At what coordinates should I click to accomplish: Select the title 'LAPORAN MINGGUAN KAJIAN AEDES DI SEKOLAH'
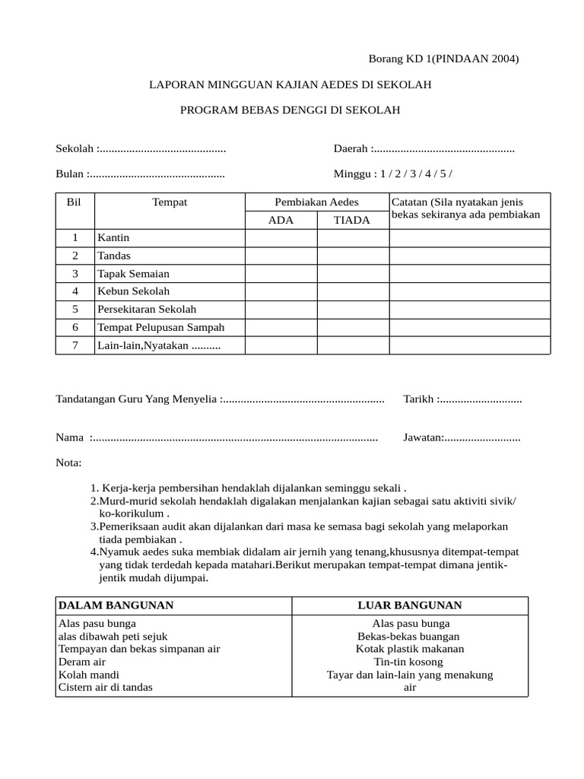pyautogui.click(x=289, y=85)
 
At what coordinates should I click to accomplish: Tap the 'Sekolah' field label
pyautogui.click(x=74, y=148)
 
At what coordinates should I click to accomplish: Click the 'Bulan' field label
pyautogui.click(x=71, y=173)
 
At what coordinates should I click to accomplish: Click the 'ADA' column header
pyautogui.click(x=281, y=220)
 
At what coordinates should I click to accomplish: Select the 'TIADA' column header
pyautogui.click(x=352, y=220)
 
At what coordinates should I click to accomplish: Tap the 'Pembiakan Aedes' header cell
pyautogui.click(x=316, y=202)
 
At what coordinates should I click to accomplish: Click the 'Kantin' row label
pyautogui.click(x=113, y=238)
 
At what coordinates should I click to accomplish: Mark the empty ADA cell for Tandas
pyautogui.click(x=281, y=256)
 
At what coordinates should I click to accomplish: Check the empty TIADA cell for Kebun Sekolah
pyautogui.click(x=353, y=291)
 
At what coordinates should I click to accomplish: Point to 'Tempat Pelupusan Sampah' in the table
pyautogui.click(x=160, y=327)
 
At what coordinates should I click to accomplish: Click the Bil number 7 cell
pyautogui.click(x=75, y=345)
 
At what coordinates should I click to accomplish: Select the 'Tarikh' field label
pyautogui.click(x=418, y=399)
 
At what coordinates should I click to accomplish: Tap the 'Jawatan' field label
pyautogui.click(x=422, y=437)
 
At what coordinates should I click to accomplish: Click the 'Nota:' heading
pyautogui.click(x=68, y=463)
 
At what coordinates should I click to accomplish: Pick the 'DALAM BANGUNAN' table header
pyautogui.click(x=116, y=605)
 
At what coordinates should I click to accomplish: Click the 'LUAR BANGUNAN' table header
pyautogui.click(x=410, y=605)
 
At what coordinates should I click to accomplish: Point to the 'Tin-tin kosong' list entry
pyautogui.click(x=410, y=662)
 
